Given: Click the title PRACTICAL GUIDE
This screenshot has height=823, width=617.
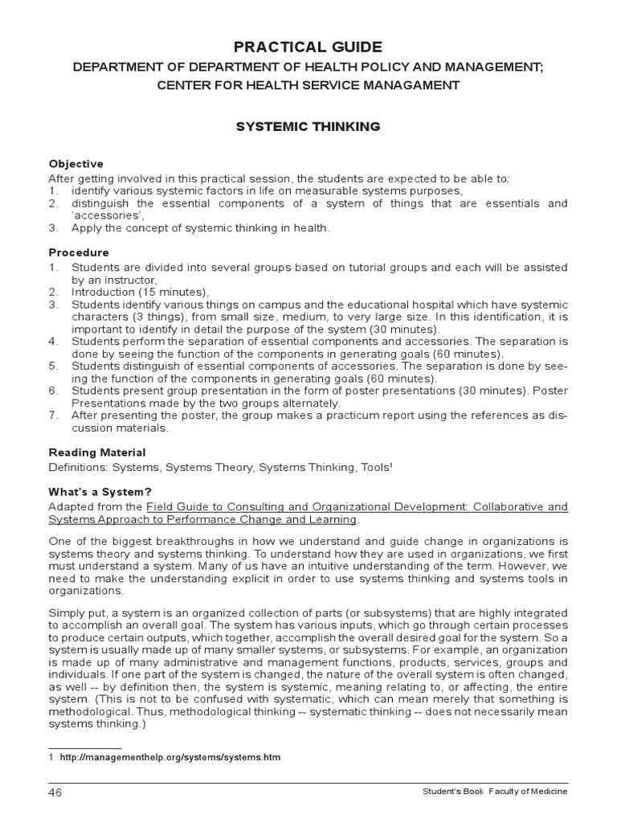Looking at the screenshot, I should [308, 47].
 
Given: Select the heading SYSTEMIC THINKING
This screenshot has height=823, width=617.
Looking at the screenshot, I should [308, 127].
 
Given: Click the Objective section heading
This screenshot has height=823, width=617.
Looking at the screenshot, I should [76, 164].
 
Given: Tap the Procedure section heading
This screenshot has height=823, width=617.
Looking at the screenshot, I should [79, 252].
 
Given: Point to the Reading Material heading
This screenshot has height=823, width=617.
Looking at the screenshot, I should [97, 452].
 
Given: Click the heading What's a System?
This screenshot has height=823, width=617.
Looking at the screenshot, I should [100, 491].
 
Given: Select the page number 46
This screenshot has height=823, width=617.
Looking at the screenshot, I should [55, 792].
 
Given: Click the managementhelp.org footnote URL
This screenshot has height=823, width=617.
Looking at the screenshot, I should [170, 757].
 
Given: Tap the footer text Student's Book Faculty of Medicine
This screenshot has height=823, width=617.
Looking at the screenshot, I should [495, 792].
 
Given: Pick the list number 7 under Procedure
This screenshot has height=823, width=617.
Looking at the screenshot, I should [53, 415].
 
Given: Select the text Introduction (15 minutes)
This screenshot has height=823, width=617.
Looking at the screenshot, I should [140, 292].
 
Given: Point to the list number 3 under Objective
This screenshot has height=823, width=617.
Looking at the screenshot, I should [53, 228].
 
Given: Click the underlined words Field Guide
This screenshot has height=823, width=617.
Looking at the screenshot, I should [176, 506].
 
